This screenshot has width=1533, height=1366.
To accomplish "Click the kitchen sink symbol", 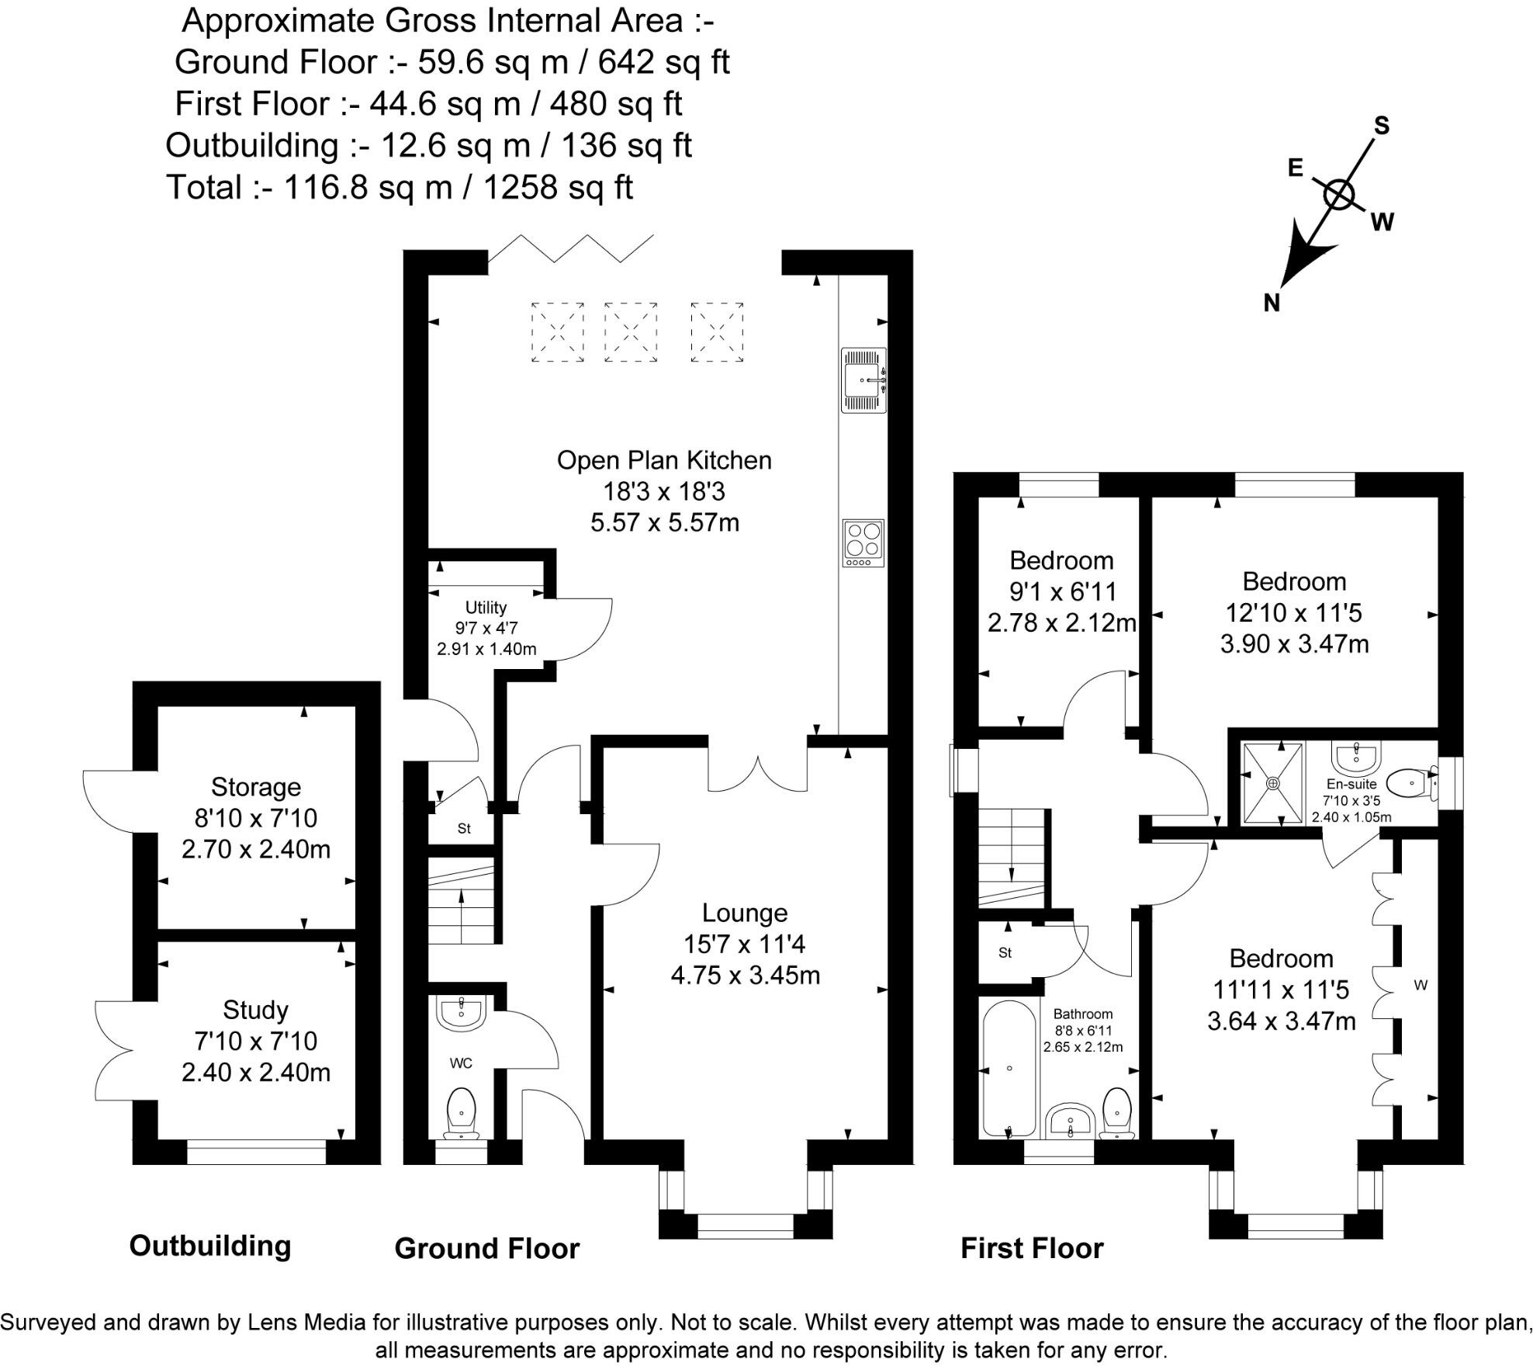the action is (x=863, y=380).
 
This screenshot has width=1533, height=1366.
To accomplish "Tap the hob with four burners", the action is (x=863, y=543).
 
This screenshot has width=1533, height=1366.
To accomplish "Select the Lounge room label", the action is (x=745, y=913).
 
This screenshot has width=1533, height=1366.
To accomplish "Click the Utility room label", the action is (x=486, y=607).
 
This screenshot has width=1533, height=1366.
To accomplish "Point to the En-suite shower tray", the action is (x=1273, y=783).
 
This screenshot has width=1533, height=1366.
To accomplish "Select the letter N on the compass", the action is (x=1272, y=302).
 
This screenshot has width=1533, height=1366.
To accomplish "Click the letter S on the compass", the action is (x=1382, y=125).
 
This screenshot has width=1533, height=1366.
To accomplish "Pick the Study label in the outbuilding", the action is (x=255, y=1010).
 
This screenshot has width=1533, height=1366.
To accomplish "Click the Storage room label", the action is (x=256, y=787).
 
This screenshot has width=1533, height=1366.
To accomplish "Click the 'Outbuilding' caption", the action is (x=210, y=1245).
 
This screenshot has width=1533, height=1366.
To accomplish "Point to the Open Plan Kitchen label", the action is (x=664, y=460).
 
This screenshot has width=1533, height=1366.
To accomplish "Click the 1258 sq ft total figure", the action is (x=559, y=187).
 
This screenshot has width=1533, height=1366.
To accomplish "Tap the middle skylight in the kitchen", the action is (x=631, y=332).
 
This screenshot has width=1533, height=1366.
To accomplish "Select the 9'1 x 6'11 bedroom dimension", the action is (x=1062, y=591).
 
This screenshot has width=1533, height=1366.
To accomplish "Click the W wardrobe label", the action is (x=1421, y=986).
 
